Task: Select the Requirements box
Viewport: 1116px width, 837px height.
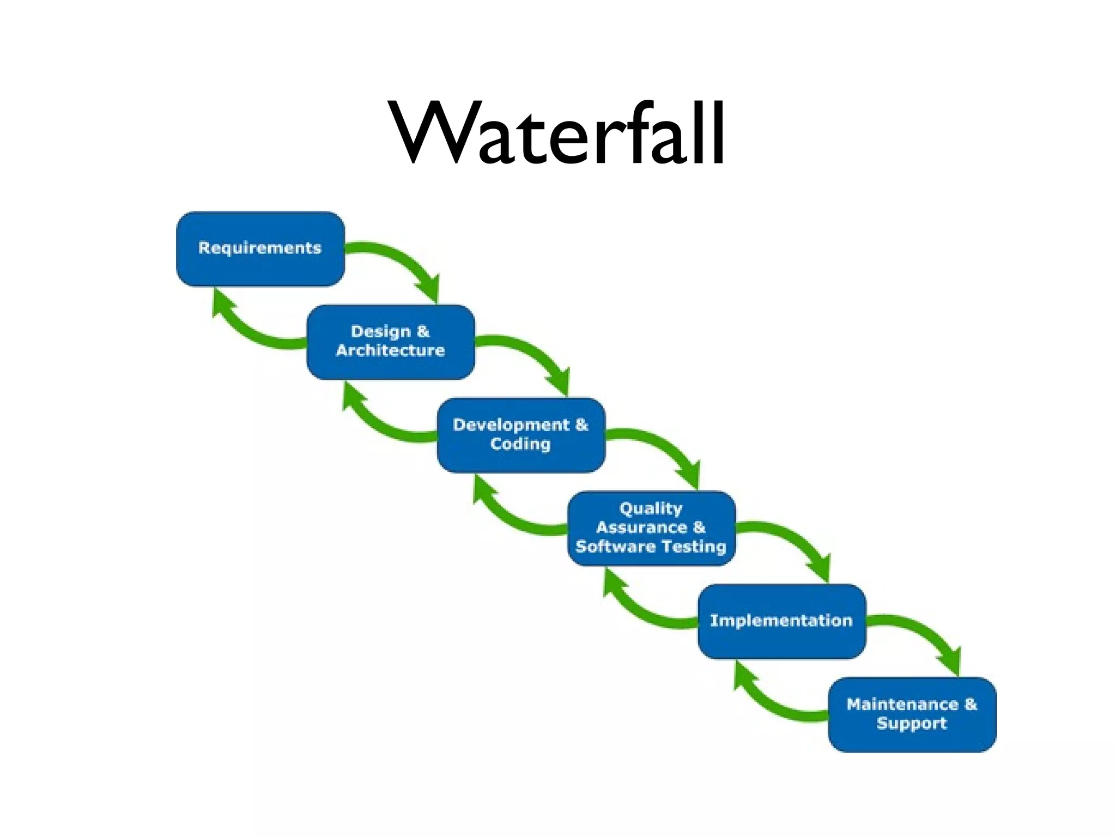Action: pos(260,248)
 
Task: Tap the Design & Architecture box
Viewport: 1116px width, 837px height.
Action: pos(391,342)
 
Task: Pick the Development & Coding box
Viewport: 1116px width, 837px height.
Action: pos(521,435)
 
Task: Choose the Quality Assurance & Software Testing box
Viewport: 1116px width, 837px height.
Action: pos(651,528)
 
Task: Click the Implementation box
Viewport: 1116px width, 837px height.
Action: pos(781,621)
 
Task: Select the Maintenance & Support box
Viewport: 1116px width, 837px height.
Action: pos(912,714)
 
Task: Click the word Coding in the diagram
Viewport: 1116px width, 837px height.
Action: pos(520,444)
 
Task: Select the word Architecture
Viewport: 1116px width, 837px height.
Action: pos(390,350)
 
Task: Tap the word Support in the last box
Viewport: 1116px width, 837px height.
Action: pos(912,724)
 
